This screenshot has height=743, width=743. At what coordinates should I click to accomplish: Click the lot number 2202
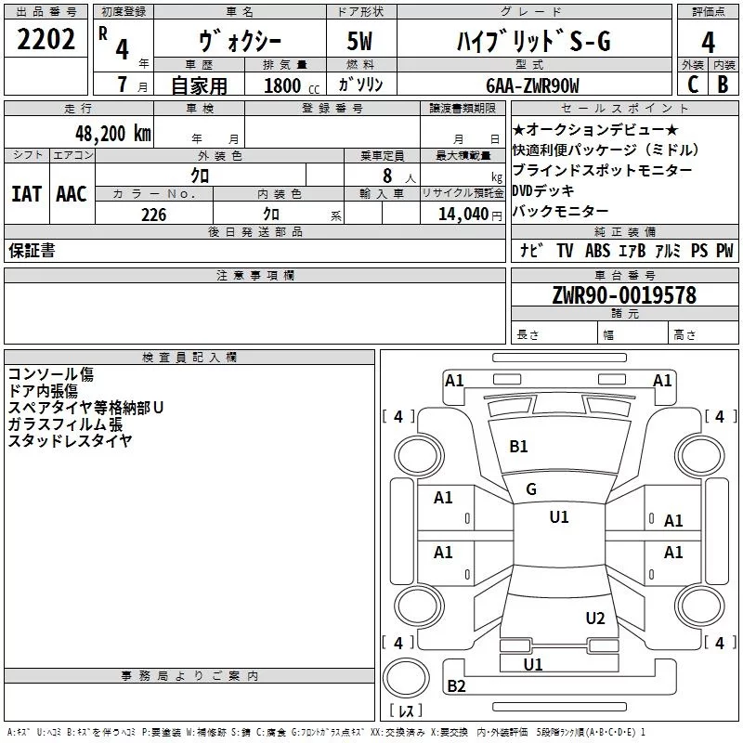[x=46, y=39]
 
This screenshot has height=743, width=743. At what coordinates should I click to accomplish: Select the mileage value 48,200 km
[x=113, y=134]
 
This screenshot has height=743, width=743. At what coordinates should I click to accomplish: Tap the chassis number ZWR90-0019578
[x=624, y=294]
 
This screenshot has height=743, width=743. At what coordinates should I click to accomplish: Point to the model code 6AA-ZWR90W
[x=532, y=85]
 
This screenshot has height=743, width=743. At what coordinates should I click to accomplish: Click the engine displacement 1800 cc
[x=292, y=85]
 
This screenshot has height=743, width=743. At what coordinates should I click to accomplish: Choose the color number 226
[x=154, y=215]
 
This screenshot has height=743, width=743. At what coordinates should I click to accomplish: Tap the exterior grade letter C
[x=693, y=85]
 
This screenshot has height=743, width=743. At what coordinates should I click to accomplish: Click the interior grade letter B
[x=723, y=85]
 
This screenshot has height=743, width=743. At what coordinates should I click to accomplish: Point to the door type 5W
[x=359, y=41]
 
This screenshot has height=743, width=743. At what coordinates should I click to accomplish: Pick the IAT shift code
[x=26, y=194]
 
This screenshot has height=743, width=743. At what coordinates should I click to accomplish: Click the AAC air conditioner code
[x=72, y=194]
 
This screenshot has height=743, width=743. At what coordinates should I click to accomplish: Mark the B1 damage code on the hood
[x=518, y=447]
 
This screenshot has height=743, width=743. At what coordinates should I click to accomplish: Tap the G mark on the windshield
[x=531, y=489]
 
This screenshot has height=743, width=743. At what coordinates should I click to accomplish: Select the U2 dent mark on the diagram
[x=595, y=618]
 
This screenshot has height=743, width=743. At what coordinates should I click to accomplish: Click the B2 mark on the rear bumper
[x=456, y=685]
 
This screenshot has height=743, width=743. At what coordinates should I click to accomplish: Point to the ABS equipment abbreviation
[x=597, y=250]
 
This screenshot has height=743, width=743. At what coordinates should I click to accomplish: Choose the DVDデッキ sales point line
[x=543, y=190]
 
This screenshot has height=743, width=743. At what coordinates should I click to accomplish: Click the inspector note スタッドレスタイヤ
[x=71, y=440]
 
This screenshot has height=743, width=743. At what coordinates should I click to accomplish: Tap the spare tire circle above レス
[x=406, y=677]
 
